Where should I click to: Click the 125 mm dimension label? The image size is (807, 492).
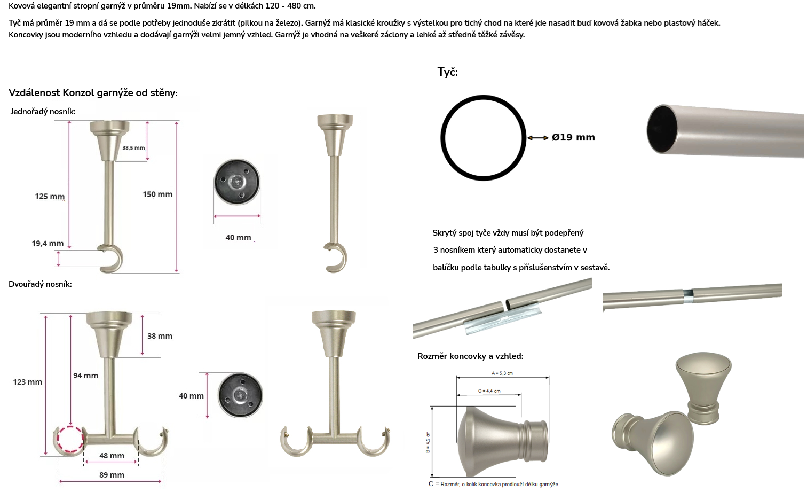pyautogui.click(x=50, y=196)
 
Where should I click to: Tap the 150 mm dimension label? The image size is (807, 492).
pyautogui.click(x=157, y=194)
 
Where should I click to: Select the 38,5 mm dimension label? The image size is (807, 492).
pyautogui.click(x=133, y=148)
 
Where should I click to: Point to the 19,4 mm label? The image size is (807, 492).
pyautogui.click(x=48, y=244)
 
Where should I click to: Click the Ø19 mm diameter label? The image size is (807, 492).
pyautogui.click(x=573, y=137)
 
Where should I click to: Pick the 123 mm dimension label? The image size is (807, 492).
pyautogui.click(x=27, y=382)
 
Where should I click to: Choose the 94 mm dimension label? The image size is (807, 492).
pyautogui.click(x=85, y=376)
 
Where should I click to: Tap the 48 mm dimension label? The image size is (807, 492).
pyautogui.click(x=112, y=456)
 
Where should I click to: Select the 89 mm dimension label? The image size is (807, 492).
pyautogui.click(x=112, y=475)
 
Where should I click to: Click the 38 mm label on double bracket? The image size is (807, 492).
pyautogui.click(x=160, y=336)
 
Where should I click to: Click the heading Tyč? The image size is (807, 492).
pyautogui.click(x=447, y=72)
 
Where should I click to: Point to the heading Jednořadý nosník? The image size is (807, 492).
pyautogui.click(x=43, y=112)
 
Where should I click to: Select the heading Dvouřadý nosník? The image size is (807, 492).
pyautogui.click(x=40, y=284)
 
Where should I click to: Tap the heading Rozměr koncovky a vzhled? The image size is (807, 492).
pyautogui.click(x=470, y=356)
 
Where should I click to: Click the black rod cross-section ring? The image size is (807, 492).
pyautogui.click(x=442, y=138)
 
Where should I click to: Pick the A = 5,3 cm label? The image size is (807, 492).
pyautogui.click(x=502, y=373)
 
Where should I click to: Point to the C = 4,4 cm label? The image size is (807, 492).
pyautogui.click(x=489, y=391)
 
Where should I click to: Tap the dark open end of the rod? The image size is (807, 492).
pyautogui.click(x=662, y=129)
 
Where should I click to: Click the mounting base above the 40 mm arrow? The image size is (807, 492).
pyautogui.click(x=236, y=182)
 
